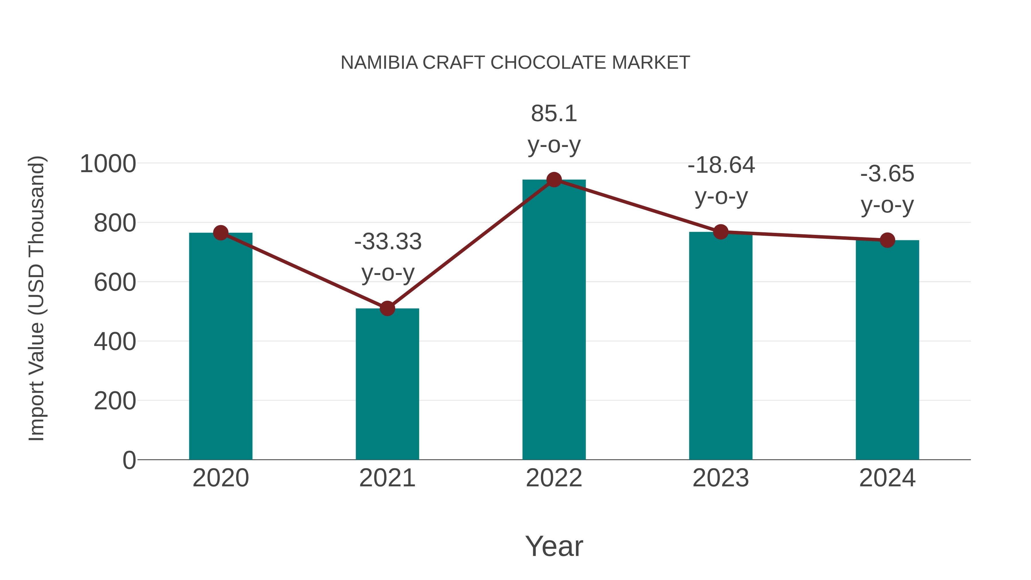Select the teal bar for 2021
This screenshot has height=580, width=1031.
[x=387, y=384]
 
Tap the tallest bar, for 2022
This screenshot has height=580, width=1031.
[x=554, y=320]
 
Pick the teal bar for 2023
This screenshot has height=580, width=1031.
[x=721, y=348]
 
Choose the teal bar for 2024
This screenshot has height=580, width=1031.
[x=887, y=352]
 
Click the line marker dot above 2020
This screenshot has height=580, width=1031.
[x=221, y=233]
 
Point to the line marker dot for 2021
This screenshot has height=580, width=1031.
[x=387, y=308]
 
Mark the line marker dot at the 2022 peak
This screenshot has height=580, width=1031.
[x=554, y=180]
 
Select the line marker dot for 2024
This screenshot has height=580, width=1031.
[x=887, y=240]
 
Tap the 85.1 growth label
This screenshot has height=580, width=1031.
[x=554, y=114]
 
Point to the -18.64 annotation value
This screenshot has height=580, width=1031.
[x=721, y=165]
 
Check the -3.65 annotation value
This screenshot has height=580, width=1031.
[x=887, y=174]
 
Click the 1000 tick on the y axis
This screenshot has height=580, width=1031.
[x=108, y=164]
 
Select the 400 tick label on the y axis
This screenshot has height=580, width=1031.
[x=115, y=342]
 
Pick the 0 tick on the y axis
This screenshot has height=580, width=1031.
[x=129, y=460]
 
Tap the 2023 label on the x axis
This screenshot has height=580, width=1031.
[x=721, y=478]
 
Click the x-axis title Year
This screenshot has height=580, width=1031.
[x=554, y=546]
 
